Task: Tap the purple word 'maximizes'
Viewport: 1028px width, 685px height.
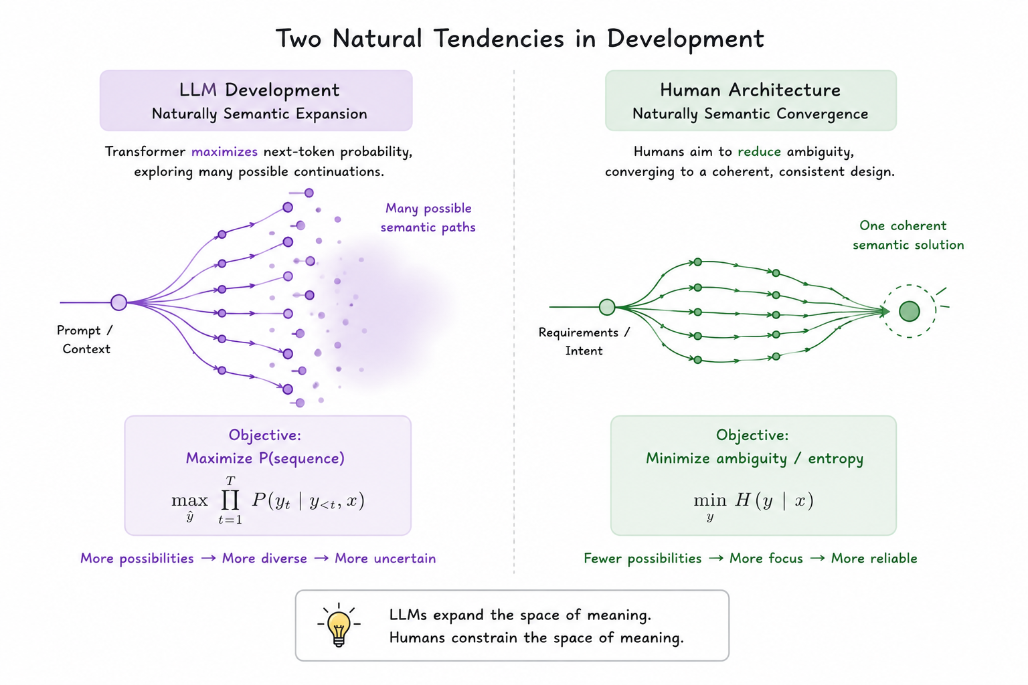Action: (x=224, y=151)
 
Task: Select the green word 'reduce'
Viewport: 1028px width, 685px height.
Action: (x=759, y=151)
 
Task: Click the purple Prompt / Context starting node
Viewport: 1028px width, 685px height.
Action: (x=119, y=302)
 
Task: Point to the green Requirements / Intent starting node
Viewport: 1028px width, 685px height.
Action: (x=607, y=307)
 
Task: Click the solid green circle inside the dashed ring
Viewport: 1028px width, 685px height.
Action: (x=909, y=311)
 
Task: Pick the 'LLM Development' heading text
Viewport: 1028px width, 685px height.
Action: (x=259, y=90)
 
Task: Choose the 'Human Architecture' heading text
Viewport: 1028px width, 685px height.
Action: (x=750, y=90)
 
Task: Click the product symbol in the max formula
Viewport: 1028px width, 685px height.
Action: (x=230, y=500)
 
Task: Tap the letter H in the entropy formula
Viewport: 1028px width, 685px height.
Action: (x=742, y=500)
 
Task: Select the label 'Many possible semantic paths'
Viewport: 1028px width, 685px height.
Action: (x=428, y=217)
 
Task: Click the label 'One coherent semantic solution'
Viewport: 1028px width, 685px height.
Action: (x=908, y=235)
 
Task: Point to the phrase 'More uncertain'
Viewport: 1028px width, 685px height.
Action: (x=385, y=559)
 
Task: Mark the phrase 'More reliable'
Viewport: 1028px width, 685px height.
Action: (x=874, y=559)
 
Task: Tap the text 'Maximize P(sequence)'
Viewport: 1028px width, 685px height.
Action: (x=265, y=458)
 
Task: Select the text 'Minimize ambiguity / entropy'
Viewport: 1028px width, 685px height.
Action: (x=755, y=458)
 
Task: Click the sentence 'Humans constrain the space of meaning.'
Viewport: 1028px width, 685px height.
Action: (x=537, y=638)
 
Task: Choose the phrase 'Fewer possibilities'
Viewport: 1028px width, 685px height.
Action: (x=642, y=559)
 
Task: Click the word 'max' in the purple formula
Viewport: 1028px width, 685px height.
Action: (x=189, y=500)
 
